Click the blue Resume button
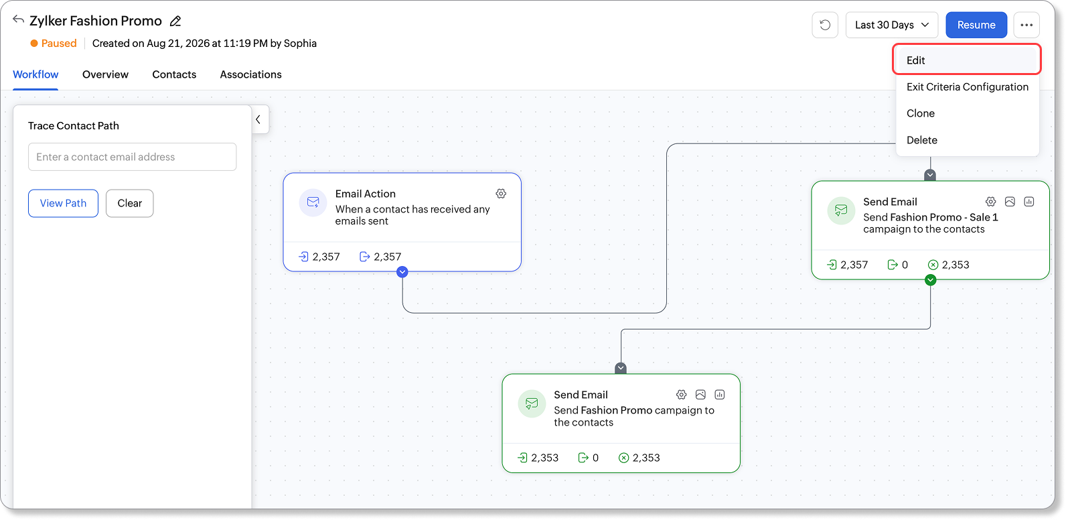[x=976, y=25]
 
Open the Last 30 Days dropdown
[x=891, y=25]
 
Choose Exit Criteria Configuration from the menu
[x=967, y=86]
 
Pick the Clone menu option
[x=921, y=113]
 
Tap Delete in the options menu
[x=922, y=140]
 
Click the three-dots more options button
[x=1026, y=25]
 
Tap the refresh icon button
[x=825, y=25]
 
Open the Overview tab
[x=105, y=74]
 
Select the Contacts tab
[x=174, y=74]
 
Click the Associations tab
[x=251, y=74]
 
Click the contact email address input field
[x=133, y=157]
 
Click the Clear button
[x=129, y=203]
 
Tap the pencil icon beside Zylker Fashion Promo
[x=175, y=21]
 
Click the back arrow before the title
[x=18, y=20]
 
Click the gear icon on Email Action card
[x=501, y=194]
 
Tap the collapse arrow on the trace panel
[x=258, y=119]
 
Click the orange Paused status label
[x=58, y=44]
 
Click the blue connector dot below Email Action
[x=402, y=272]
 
